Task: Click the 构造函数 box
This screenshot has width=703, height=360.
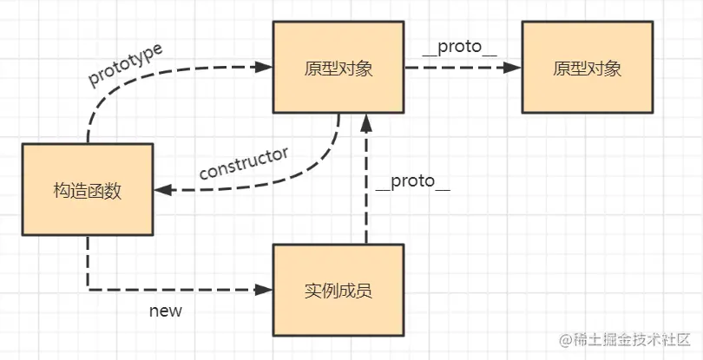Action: tap(87, 191)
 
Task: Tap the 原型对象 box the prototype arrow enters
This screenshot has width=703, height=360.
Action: tap(338, 68)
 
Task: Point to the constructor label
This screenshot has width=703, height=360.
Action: tap(243, 163)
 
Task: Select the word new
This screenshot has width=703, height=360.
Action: tap(165, 310)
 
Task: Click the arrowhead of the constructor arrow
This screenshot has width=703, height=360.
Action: tap(161, 190)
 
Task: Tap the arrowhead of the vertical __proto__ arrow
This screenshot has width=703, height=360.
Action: tap(367, 121)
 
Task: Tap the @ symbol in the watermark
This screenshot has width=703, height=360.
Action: tap(566, 338)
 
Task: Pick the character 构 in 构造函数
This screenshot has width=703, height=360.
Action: tap(61, 191)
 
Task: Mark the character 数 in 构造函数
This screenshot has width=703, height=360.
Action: tap(113, 191)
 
